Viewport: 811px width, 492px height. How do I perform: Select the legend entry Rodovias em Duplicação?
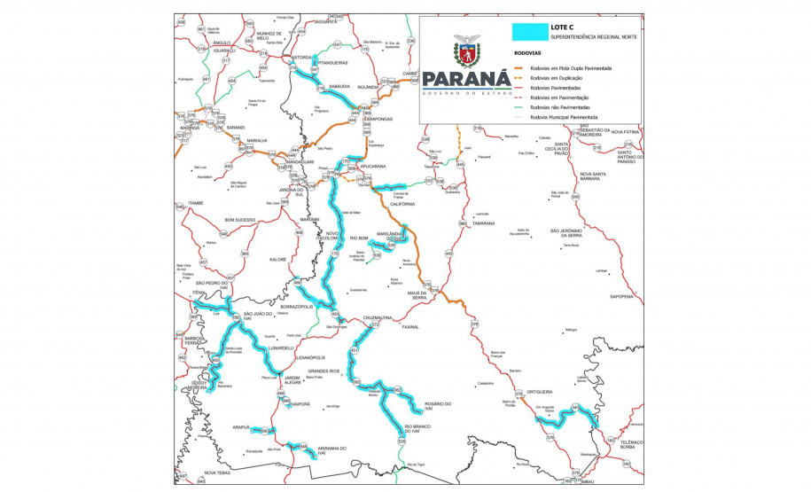(564, 78)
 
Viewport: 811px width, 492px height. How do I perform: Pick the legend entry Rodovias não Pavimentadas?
(566, 107)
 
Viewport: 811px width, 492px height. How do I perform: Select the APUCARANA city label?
(373, 166)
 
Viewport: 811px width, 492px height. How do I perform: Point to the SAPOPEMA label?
(619, 297)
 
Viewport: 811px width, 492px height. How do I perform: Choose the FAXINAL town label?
(410, 326)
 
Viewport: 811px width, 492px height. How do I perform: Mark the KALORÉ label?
(278, 260)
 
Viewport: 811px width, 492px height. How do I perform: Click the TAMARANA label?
(483, 223)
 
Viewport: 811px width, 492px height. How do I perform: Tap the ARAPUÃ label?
(241, 426)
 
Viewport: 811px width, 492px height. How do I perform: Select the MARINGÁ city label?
(191, 128)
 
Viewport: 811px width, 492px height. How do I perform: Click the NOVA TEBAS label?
(217, 472)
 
